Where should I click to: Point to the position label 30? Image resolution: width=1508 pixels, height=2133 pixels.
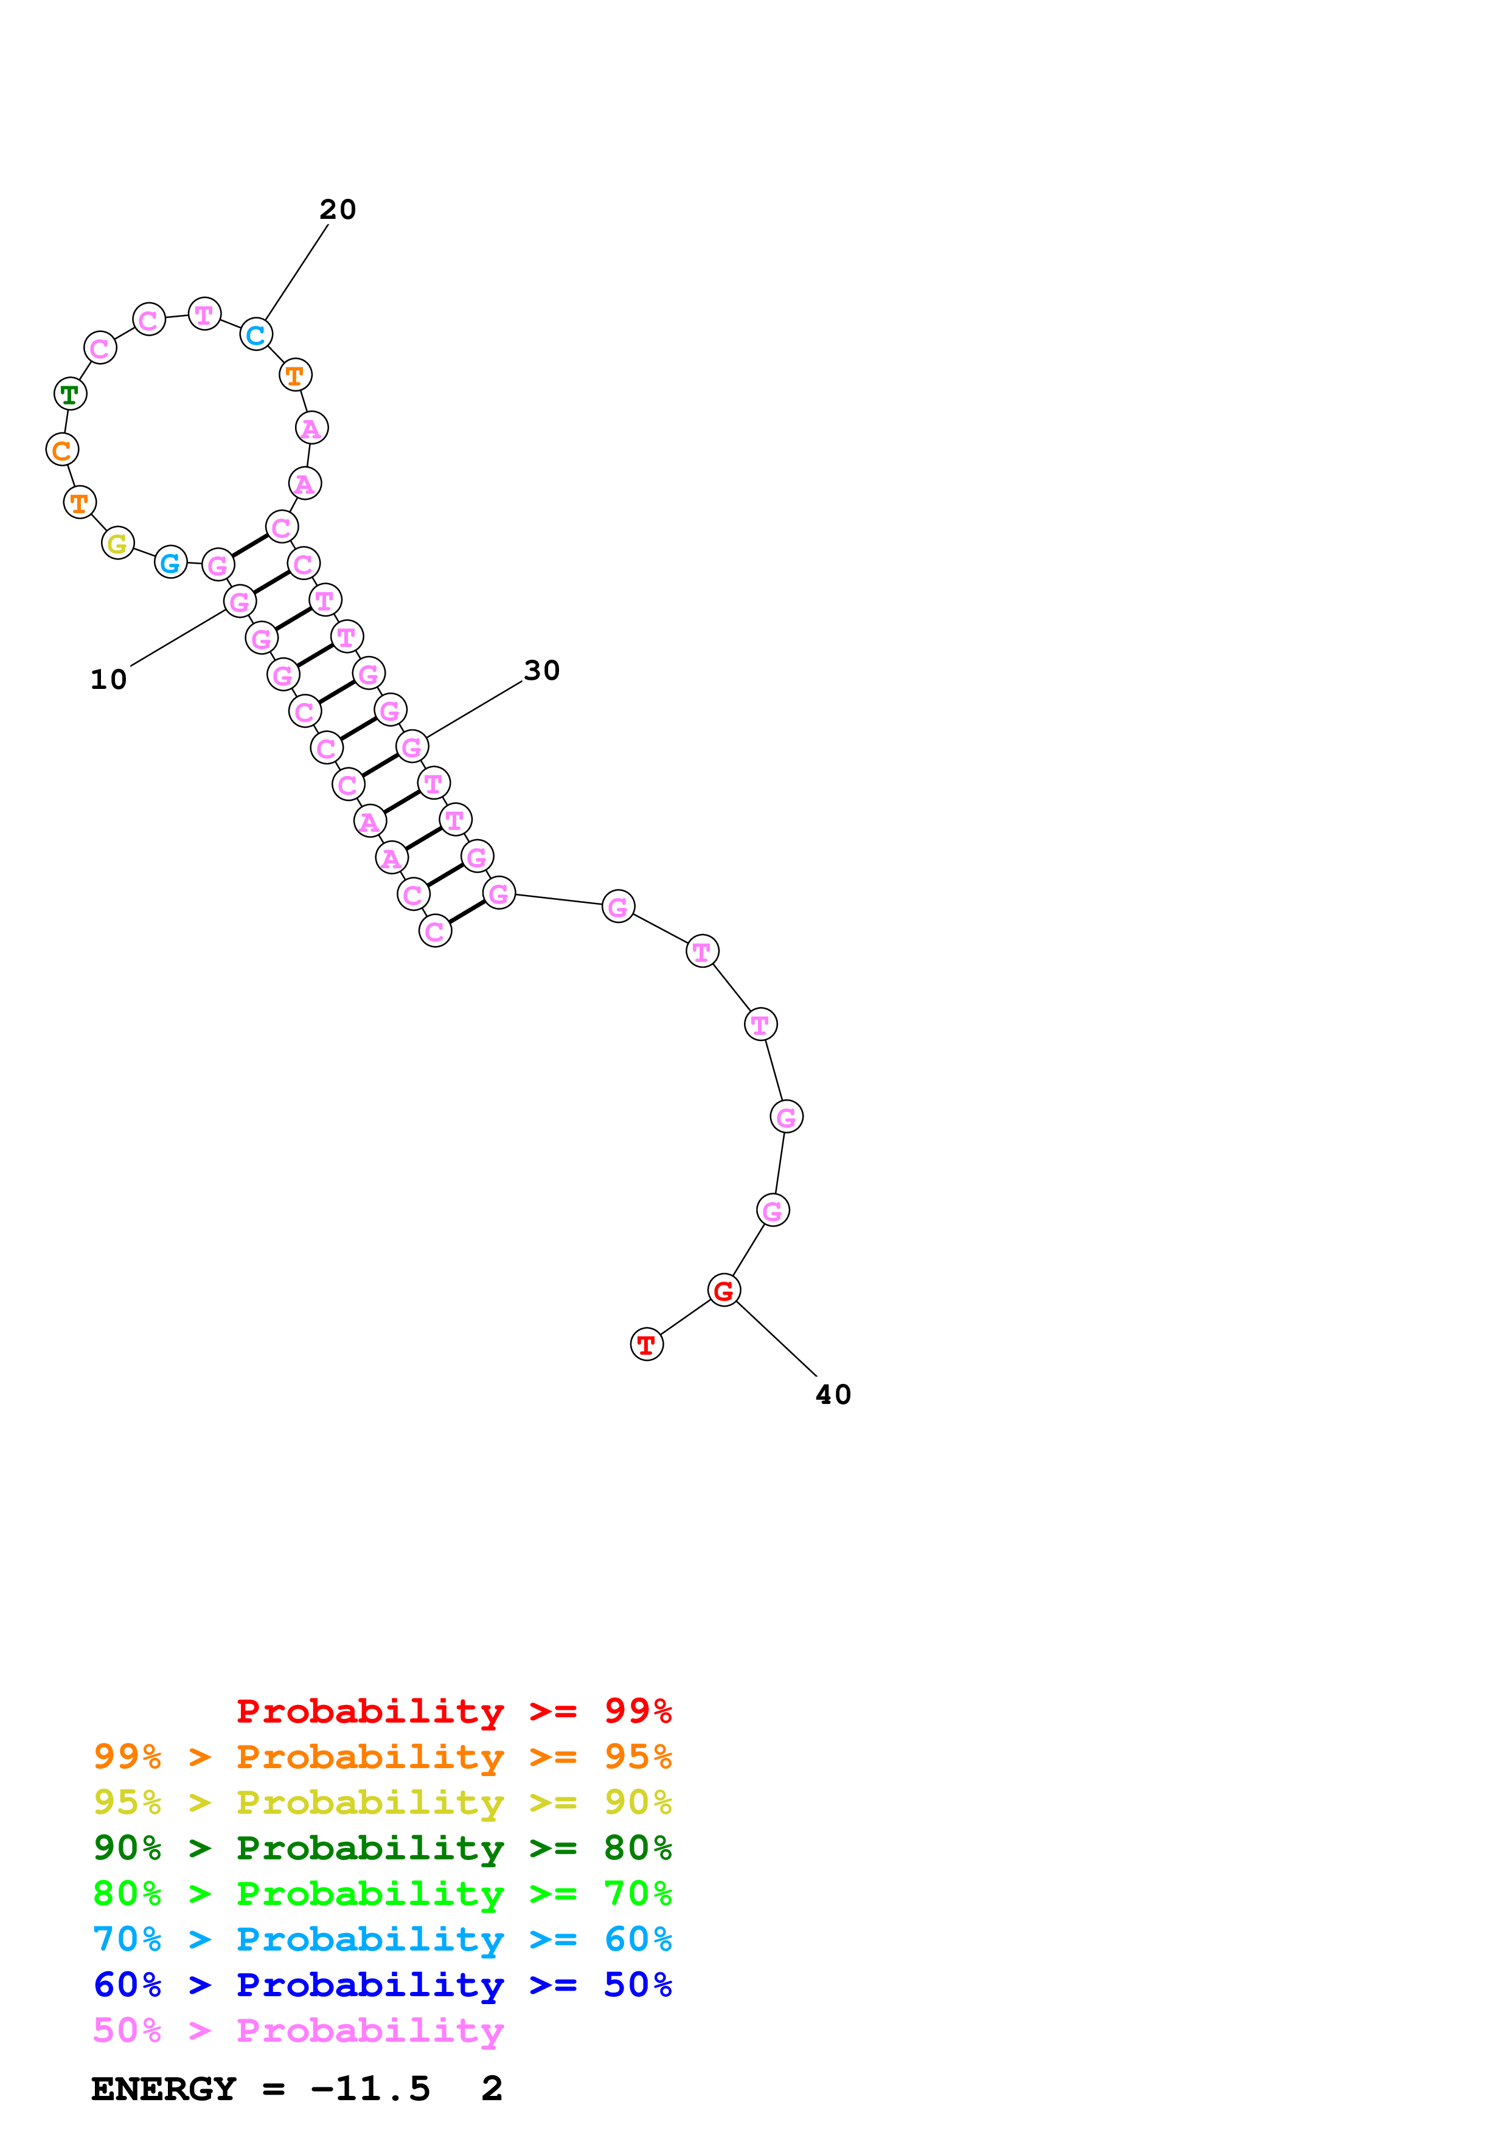pos(541,671)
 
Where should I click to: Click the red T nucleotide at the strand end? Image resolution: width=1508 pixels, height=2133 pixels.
pos(647,1344)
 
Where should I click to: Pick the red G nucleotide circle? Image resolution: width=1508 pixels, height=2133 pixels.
pos(724,1290)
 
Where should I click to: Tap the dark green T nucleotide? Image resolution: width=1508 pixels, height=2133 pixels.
pos(71,394)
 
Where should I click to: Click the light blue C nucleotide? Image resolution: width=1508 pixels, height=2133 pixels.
pos(255,334)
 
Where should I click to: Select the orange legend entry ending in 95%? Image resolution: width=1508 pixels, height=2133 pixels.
pos(382,1757)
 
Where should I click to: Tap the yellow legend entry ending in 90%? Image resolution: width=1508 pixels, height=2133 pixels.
pos(382,1802)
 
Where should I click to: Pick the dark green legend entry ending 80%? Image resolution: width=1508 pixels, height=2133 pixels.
pos(382,1848)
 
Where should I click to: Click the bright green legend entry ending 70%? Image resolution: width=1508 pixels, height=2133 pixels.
pos(382,1893)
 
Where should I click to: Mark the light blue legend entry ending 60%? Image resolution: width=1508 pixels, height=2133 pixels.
pos(382,1939)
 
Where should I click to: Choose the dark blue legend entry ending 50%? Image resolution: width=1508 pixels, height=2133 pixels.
pos(382,1985)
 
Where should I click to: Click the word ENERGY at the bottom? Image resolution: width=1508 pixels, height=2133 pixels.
pos(164,2089)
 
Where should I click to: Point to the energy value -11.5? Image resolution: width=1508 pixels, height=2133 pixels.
pos(370,2089)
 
